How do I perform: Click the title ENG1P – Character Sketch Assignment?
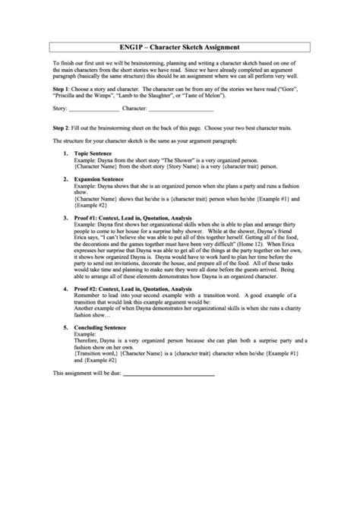tap(179, 46)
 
